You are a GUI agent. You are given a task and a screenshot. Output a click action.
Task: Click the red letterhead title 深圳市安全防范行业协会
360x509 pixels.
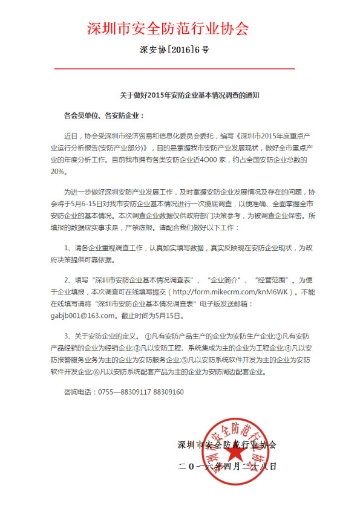click(168, 28)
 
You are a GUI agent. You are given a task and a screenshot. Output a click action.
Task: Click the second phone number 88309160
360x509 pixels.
click(170, 392)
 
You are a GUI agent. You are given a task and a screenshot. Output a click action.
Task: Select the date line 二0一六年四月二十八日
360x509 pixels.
click(227, 466)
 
